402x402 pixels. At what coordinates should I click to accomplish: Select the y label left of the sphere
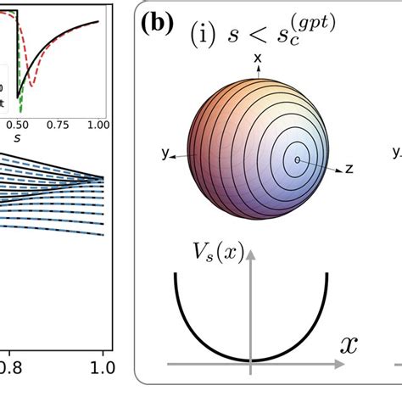[x=163, y=154]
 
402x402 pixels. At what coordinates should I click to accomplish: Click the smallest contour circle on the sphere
[x=297, y=159]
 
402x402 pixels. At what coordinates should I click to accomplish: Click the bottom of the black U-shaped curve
[x=250, y=360]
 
